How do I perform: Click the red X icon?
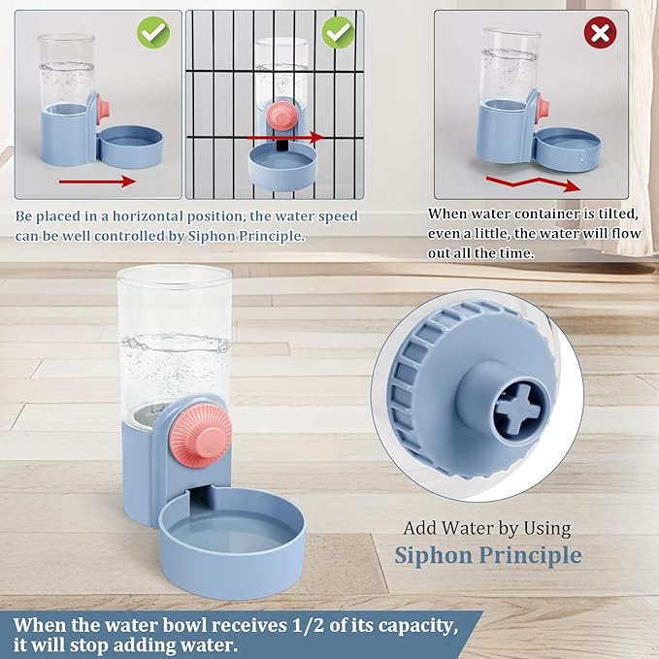(x=601, y=33)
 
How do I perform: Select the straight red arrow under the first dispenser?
(x=96, y=181)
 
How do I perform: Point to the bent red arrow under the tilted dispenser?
(x=534, y=182)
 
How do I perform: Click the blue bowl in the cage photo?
(x=282, y=163)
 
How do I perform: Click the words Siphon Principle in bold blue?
(x=487, y=555)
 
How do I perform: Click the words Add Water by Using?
(x=487, y=529)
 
